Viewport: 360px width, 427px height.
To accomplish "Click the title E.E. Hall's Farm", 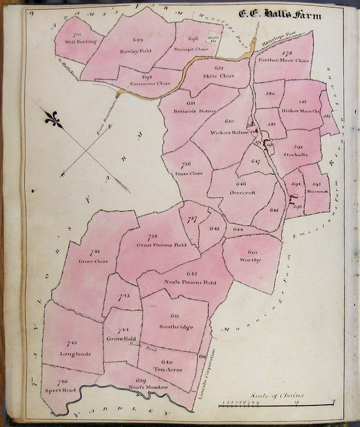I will (280, 15).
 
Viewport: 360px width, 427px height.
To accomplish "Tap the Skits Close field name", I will (219, 76).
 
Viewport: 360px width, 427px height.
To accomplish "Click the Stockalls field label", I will (296, 154).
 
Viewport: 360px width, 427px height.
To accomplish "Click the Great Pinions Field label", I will (155, 245).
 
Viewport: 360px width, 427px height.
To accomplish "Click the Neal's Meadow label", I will (150, 387).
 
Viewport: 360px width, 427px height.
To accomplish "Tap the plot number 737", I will (191, 220).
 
